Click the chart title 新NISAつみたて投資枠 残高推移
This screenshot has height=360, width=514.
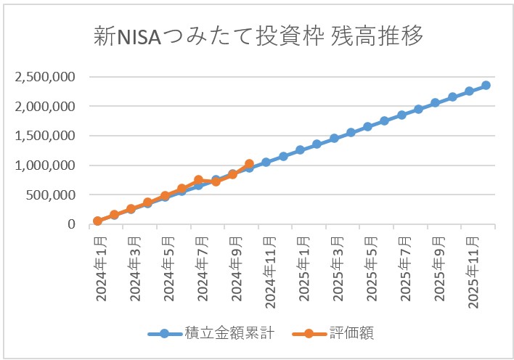258,37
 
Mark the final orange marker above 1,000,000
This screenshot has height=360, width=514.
249,164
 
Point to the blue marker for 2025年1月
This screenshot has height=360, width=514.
300,150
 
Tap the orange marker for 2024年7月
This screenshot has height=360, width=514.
198,180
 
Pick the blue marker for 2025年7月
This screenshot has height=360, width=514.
401,115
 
